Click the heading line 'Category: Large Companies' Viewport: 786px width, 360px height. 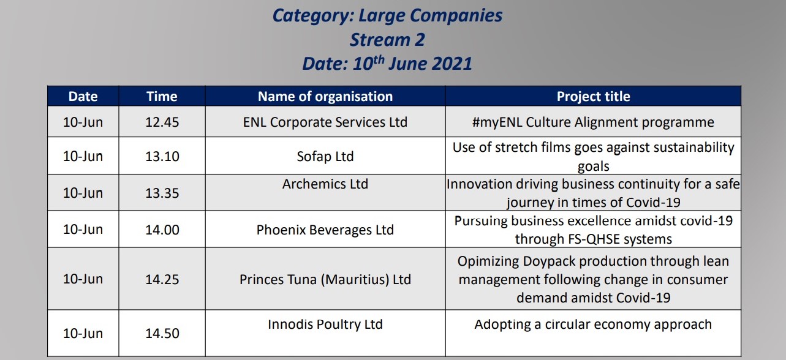[387, 16]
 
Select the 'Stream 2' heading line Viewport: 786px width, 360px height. [387, 40]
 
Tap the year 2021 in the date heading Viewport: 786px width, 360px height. [452, 64]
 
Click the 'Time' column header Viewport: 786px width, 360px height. [162, 96]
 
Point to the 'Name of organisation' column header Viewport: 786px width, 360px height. [325, 96]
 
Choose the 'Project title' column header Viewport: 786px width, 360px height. [594, 96]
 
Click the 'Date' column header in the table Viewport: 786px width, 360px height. [83, 96]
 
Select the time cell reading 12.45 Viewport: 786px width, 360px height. [162, 122]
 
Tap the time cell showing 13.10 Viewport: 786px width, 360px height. [162, 156]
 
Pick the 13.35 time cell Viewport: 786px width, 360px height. [162, 193]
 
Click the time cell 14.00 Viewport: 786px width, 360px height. [162, 230]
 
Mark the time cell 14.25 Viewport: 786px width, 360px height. [162, 279]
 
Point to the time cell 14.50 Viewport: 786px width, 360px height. [162, 333]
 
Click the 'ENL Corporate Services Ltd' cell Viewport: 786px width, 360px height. [325, 122]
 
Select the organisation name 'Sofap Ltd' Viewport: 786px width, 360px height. [325, 157]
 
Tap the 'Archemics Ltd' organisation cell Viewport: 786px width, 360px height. [325, 184]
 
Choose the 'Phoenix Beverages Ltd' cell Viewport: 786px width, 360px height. [325, 230]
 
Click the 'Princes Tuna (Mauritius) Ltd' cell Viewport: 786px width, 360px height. [325, 280]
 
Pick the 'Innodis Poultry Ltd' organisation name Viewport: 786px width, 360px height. [325, 324]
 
